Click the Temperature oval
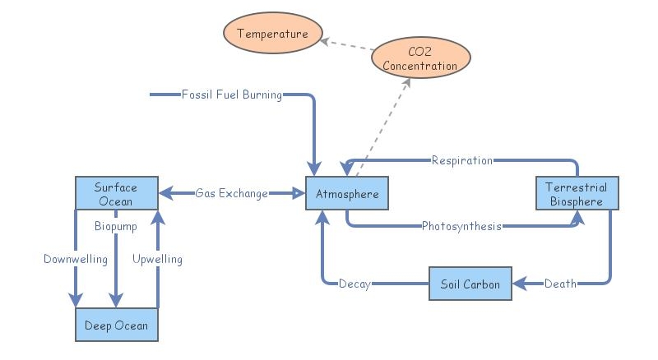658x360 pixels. click(272, 34)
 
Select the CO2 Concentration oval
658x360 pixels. click(420, 58)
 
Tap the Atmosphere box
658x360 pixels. click(346, 194)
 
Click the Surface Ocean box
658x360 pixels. click(116, 193)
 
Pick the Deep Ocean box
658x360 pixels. click(116, 325)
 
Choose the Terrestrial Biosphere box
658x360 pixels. click(577, 194)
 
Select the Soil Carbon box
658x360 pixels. click(470, 284)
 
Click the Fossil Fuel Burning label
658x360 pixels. click(231, 95)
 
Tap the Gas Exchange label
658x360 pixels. click(231, 194)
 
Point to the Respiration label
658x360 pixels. click(461, 160)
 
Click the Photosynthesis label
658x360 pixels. click(461, 226)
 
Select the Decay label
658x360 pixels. click(354, 284)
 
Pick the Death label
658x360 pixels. click(560, 284)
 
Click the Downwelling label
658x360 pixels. click(76, 260)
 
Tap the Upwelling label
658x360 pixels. click(157, 260)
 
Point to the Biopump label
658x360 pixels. click(116, 226)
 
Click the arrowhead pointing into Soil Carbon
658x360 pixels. click(518, 284)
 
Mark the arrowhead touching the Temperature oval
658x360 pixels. click(324, 39)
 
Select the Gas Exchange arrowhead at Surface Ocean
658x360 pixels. click(164, 194)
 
